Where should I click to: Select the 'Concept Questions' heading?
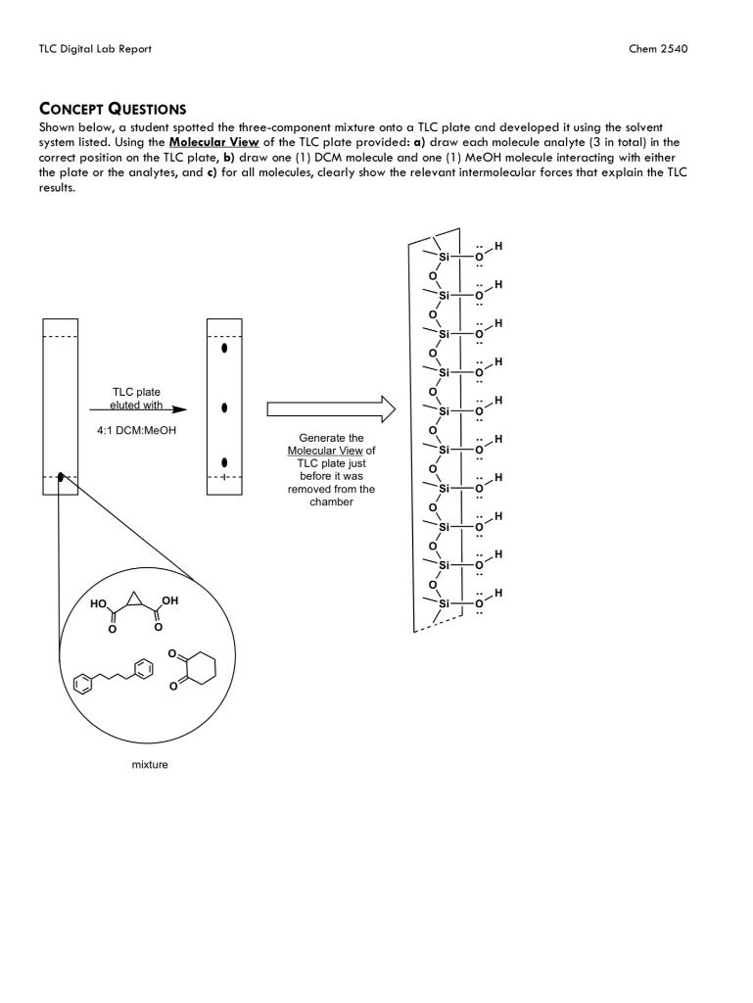[x=113, y=109]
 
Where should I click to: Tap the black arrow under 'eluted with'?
[x=137, y=410]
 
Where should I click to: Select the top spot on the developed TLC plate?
[x=224, y=348]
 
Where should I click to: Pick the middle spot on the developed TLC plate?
[x=224, y=406]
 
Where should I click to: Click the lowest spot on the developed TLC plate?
[x=224, y=462]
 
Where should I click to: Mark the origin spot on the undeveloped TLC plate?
[x=61, y=477]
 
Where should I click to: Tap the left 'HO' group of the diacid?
[x=98, y=604]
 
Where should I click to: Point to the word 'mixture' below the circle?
[x=149, y=764]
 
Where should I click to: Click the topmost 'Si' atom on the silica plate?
[x=444, y=257]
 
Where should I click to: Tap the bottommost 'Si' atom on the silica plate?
[x=444, y=603]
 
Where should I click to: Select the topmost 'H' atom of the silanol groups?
[x=498, y=246]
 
